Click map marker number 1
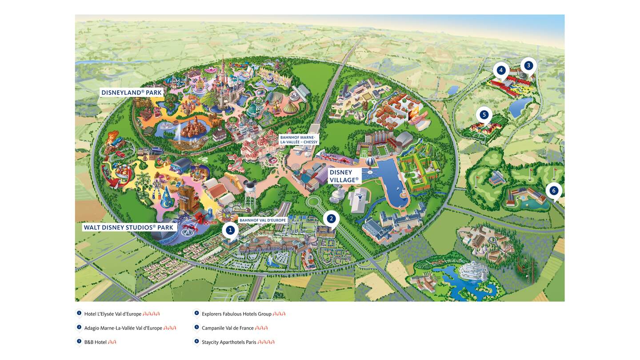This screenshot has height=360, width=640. point(230,230)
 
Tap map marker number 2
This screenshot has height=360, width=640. point(331,218)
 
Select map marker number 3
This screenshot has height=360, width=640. point(528,66)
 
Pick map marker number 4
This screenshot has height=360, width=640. point(501,70)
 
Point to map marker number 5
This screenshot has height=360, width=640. point(484,115)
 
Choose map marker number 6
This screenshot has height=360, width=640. point(553,191)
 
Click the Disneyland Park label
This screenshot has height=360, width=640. point(132,93)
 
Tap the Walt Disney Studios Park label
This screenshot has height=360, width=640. point(128,227)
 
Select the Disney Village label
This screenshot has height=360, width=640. point(344,176)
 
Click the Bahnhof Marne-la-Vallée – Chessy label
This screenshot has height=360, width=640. point(299,140)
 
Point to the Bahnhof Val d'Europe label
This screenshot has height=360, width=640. point(263,220)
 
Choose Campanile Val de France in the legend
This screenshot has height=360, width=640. point(228,328)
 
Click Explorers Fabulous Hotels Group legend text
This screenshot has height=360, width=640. point(236,314)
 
